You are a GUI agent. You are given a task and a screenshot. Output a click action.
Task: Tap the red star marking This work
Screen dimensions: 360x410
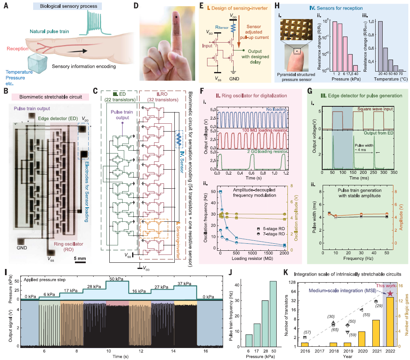tap(390, 293)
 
